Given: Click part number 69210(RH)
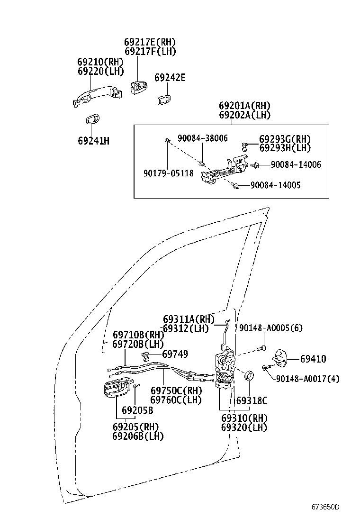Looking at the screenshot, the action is pyautogui.click(x=100, y=62).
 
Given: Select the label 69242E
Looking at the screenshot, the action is pyautogui.click(x=170, y=78).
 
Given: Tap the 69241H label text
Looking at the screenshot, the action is pyautogui.click(x=93, y=141).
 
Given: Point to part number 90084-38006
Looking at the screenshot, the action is pyautogui.click(x=203, y=138).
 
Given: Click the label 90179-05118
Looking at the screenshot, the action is pyautogui.click(x=169, y=173).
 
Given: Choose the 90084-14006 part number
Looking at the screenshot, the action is pyautogui.click(x=296, y=165).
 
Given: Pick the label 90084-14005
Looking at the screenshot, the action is pyautogui.click(x=275, y=185).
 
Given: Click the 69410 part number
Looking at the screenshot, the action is pyautogui.click(x=313, y=359).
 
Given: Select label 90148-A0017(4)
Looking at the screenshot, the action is pyautogui.click(x=307, y=379).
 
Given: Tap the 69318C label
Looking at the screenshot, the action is pyautogui.click(x=252, y=400).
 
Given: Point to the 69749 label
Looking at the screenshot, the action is pyautogui.click(x=175, y=354).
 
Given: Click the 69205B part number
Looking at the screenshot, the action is pyautogui.click(x=137, y=410).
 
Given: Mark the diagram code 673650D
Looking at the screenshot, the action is pyautogui.click(x=325, y=507).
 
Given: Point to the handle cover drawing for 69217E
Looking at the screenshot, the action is pyautogui.click(x=139, y=87).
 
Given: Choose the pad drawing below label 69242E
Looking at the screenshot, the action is pyautogui.click(x=163, y=99).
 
